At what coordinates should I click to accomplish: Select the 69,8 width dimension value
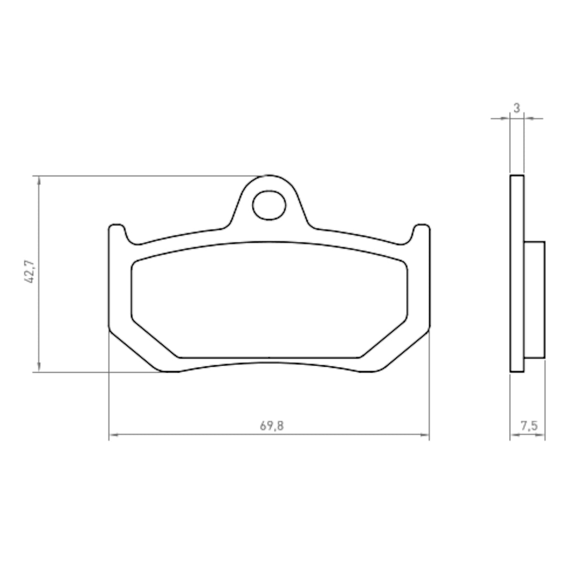272,426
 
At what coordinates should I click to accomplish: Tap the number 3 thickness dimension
517,108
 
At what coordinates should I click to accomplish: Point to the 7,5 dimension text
528,426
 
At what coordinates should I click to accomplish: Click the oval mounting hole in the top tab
269,204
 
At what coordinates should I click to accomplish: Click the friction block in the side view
534,299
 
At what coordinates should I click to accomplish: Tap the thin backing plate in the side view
517,274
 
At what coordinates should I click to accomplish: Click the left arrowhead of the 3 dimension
506,118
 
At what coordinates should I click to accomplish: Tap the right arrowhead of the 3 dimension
527,118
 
